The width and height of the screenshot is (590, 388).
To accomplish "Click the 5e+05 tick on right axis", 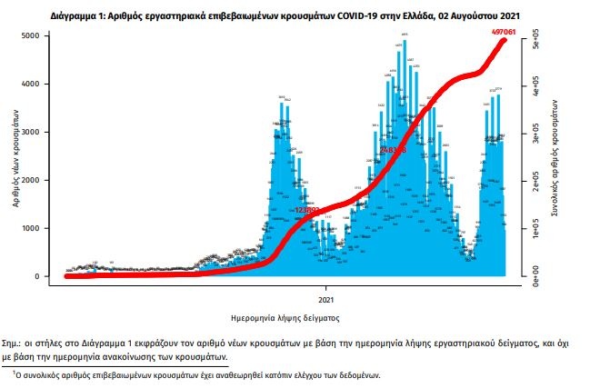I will pos(537,43).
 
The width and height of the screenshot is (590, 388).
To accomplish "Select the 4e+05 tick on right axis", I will pos(537,91).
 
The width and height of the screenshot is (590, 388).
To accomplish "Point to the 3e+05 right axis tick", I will pos(537,137).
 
